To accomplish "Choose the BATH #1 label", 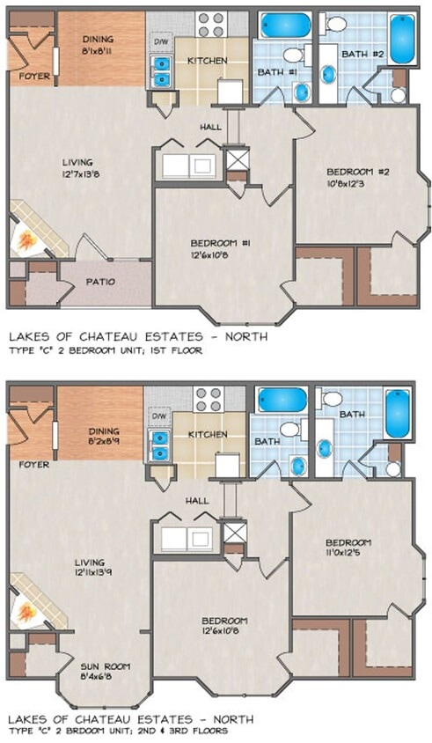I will tap(270, 71).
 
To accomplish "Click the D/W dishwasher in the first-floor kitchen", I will tap(161, 41).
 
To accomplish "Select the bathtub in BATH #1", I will tap(282, 24).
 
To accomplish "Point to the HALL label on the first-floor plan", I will tap(209, 127).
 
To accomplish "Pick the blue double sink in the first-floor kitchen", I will tap(160, 70).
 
